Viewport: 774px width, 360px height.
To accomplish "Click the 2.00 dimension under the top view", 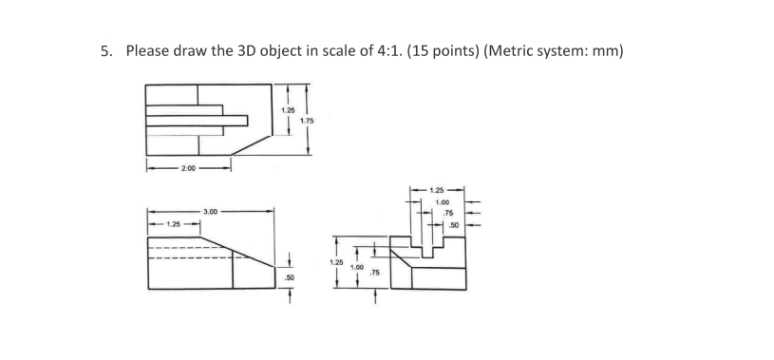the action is tap(188, 168).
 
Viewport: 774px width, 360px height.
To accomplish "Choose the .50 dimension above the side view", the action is tap(454, 224).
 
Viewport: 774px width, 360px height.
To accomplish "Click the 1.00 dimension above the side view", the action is tap(442, 202).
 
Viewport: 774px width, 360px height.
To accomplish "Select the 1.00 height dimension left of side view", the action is tap(356, 268).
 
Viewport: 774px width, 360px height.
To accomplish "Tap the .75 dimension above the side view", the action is tap(448, 214).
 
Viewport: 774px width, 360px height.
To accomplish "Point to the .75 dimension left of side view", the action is tap(375, 273).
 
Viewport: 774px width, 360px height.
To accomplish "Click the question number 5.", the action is tap(106, 50).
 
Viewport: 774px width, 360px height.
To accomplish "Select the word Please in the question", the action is tap(150, 50).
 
